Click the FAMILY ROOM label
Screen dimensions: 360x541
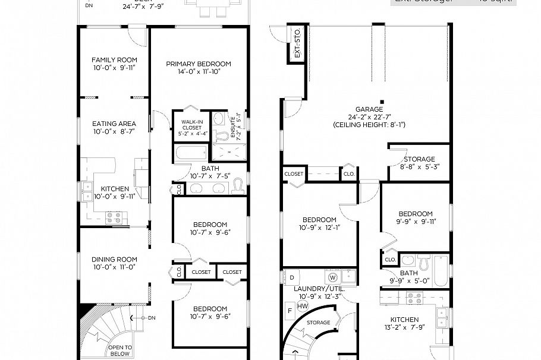click(114, 60)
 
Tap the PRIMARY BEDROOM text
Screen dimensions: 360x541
click(199, 64)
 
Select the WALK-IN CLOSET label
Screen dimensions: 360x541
click(191, 124)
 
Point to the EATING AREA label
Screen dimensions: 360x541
click(114, 124)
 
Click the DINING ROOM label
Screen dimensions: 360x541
click(114, 260)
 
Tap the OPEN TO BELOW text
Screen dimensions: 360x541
click(119, 350)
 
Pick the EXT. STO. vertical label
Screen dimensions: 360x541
click(295, 43)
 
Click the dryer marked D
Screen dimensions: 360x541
click(292, 277)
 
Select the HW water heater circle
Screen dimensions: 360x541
click(303, 306)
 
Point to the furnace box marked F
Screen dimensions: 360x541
click(290, 310)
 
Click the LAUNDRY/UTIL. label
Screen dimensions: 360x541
click(318, 289)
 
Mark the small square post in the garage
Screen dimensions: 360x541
click(383, 101)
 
